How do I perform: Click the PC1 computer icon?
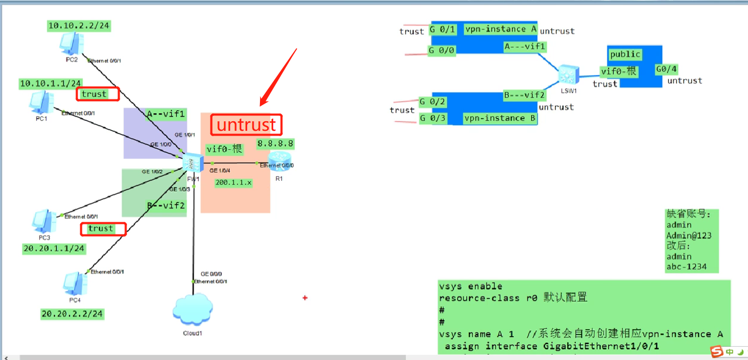41,102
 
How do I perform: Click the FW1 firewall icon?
192,162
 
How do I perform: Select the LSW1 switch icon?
568,74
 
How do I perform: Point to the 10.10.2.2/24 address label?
79,26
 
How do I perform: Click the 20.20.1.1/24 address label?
54,248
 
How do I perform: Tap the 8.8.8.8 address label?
275,144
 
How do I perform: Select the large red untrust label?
246,125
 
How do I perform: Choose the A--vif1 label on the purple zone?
165,113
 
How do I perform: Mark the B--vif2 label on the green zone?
166,205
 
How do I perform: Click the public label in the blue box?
625,54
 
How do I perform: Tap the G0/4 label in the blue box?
666,69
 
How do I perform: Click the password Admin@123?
689,236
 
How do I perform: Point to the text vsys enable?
470,286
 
